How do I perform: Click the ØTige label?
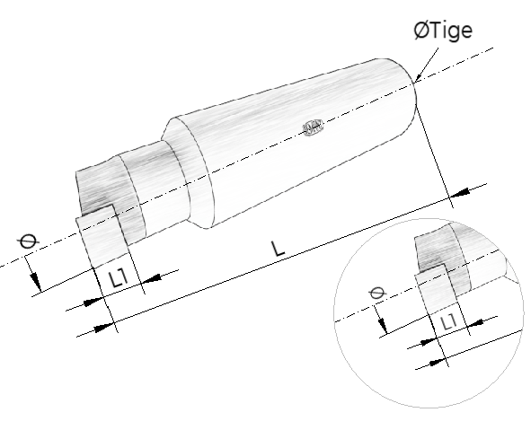point(443,31)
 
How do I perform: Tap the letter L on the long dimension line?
point(279,249)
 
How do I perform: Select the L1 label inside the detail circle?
point(449,322)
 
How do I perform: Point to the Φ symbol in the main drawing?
point(28,241)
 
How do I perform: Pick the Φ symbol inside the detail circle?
point(377,293)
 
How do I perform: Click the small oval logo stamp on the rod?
point(313,127)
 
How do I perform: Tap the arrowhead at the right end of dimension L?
point(460,193)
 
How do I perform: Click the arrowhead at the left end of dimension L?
point(103,328)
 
